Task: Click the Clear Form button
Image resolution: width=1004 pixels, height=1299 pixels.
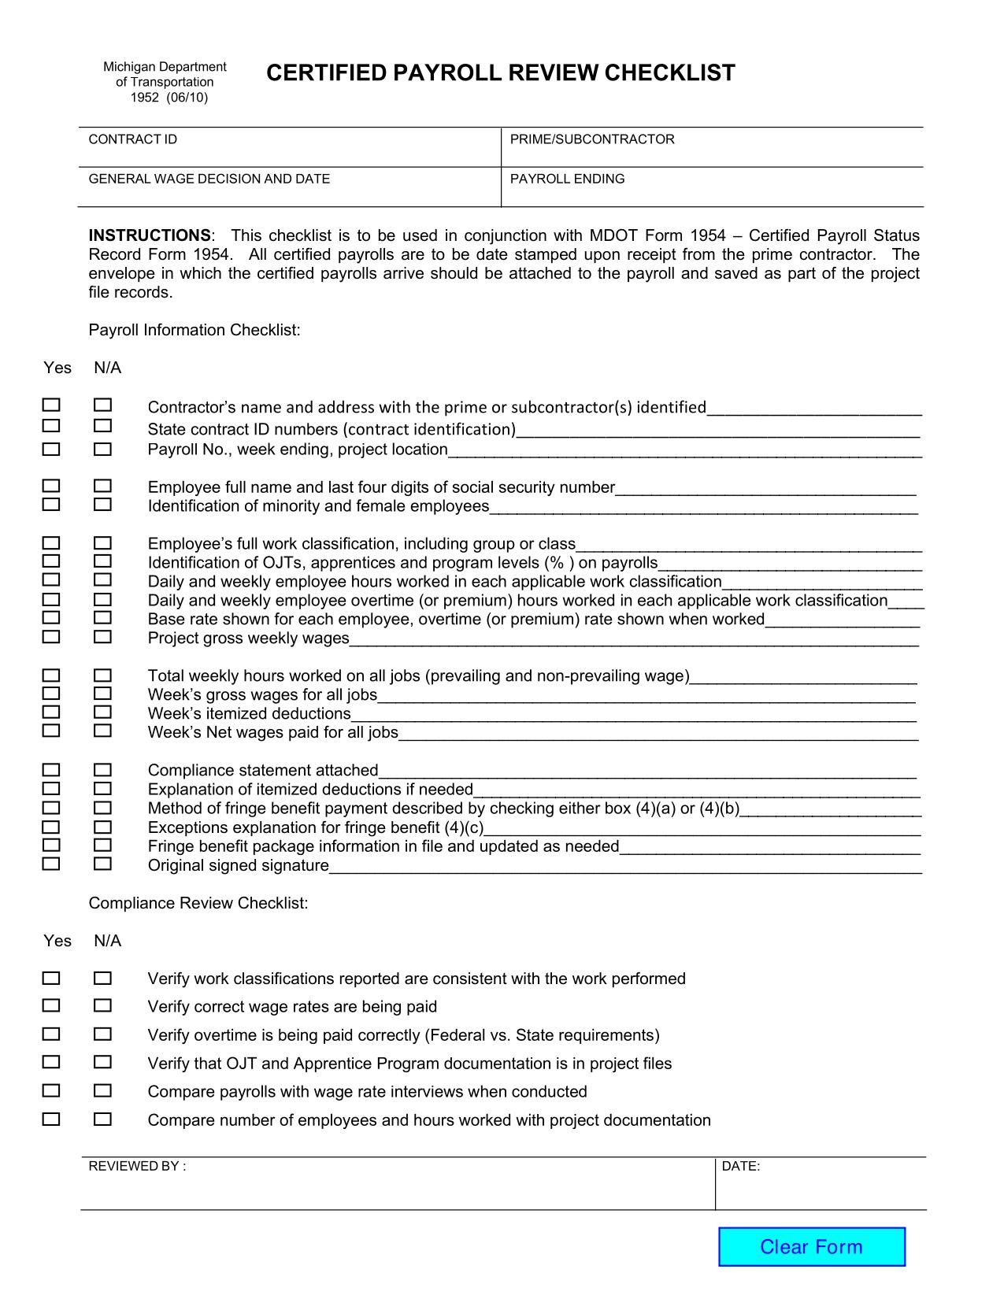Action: [x=811, y=1246]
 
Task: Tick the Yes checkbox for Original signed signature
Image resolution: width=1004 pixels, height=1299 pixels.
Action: [x=51, y=864]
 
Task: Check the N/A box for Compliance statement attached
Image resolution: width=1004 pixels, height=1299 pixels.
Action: [x=102, y=769]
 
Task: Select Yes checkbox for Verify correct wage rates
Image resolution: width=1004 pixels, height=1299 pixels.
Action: [x=51, y=1005]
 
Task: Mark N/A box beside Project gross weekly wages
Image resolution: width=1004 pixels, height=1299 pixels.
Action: [x=102, y=636]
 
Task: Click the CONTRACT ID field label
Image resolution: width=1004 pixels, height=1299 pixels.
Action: [x=132, y=139]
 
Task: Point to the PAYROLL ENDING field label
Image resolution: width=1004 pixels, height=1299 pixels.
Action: [x=567, y=179]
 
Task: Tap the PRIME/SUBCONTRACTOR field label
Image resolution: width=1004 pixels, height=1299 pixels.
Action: [x=592, y=139]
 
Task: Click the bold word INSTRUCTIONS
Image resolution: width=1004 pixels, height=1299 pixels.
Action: [x=150, y=235]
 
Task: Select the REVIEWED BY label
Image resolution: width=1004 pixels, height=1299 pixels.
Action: [x=137, y=1166]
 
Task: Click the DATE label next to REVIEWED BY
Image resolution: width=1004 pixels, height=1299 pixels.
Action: [x=740, y=1166]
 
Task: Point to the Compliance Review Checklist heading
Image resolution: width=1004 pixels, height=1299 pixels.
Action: [x=198, y=903]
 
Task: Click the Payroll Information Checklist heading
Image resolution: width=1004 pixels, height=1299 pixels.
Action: [x=195, y=330]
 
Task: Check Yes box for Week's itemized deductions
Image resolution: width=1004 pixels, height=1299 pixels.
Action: [x=51, y=712]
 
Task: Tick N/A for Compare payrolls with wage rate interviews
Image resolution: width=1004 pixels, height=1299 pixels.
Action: [x=102, y=1090]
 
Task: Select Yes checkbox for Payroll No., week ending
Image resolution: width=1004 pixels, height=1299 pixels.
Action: [x=51, y=449]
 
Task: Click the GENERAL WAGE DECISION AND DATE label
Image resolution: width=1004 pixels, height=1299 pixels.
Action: [x=209, y=179]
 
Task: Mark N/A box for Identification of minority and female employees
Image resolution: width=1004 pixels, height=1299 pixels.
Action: [x=102, y=504]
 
